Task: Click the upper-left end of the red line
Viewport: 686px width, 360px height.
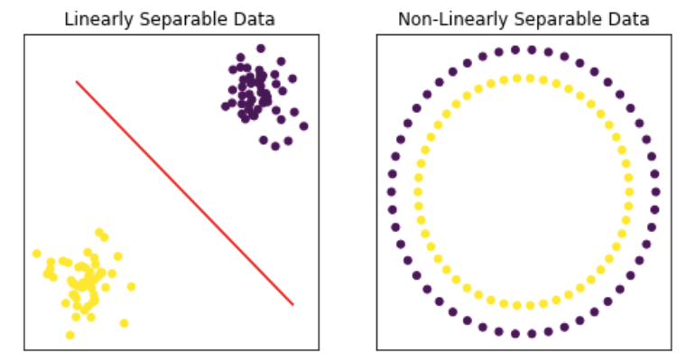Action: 77,82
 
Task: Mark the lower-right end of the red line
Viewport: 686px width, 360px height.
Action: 292,304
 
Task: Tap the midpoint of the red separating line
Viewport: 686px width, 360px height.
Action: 184,193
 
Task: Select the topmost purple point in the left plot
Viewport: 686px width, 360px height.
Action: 261,49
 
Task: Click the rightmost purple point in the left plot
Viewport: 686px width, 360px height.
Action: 303,125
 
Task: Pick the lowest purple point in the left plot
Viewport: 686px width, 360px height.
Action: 275,146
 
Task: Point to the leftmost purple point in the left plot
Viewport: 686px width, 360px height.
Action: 226,106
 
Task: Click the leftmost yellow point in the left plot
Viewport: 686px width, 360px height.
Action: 37,254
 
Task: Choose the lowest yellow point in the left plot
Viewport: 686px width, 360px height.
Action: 70,335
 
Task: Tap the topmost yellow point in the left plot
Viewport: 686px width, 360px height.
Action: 99,232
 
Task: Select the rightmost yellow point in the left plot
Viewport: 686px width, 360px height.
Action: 132,287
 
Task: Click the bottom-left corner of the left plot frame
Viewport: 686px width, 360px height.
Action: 24,349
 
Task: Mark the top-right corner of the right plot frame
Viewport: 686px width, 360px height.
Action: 671,35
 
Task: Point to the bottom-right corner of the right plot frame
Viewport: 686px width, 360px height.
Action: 671,349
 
